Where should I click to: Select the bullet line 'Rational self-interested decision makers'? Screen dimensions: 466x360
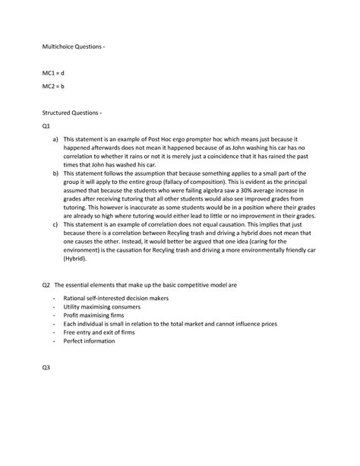(115, 298)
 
